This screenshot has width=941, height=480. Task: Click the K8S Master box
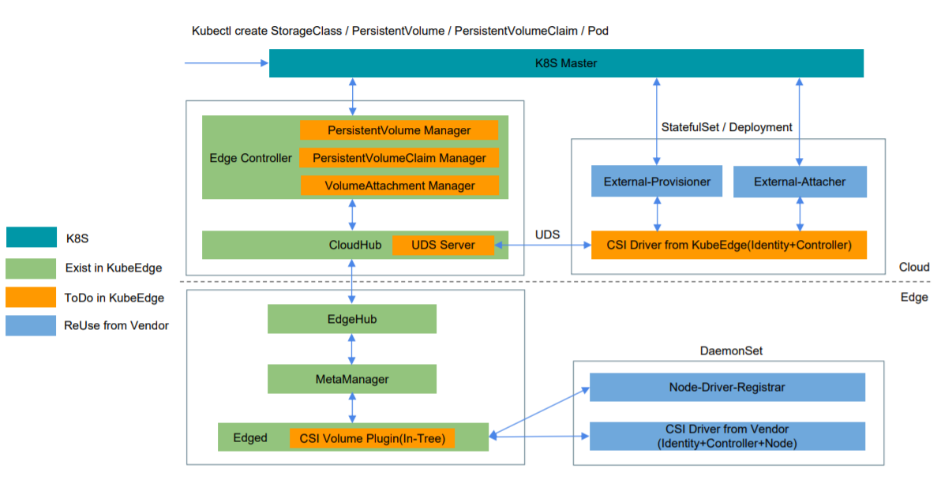coord(566,63)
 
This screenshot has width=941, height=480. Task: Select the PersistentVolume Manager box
coord(399,130)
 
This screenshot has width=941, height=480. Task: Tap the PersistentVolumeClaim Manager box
coord(399,158)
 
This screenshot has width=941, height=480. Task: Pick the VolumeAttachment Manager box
coord(399,186)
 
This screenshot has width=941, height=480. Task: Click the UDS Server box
coord(443,245)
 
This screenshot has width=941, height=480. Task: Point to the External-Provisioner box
coord(657,182)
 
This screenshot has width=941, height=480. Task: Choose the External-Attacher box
coord(800,182)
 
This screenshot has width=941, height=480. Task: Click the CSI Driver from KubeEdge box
coord(729,245)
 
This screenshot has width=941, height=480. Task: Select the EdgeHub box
coord(351,319)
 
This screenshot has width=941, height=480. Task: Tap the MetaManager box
coord(351,379)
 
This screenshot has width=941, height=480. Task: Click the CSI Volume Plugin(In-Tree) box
coord(372,439)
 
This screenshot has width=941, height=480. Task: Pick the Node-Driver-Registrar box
coord(727,387)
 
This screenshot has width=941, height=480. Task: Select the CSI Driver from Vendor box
coord(727,437)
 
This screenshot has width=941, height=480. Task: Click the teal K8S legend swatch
coord(32,237)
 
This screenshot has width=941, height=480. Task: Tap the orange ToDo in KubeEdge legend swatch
coord(31,297)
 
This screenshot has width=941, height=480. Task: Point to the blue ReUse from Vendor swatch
coord(31,326)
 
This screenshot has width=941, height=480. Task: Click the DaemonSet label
coord(731,351)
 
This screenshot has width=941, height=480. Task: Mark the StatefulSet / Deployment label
coord(727,127)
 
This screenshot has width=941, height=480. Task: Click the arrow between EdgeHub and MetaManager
coord(351,349)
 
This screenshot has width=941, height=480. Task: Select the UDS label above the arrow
coord(547,234)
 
